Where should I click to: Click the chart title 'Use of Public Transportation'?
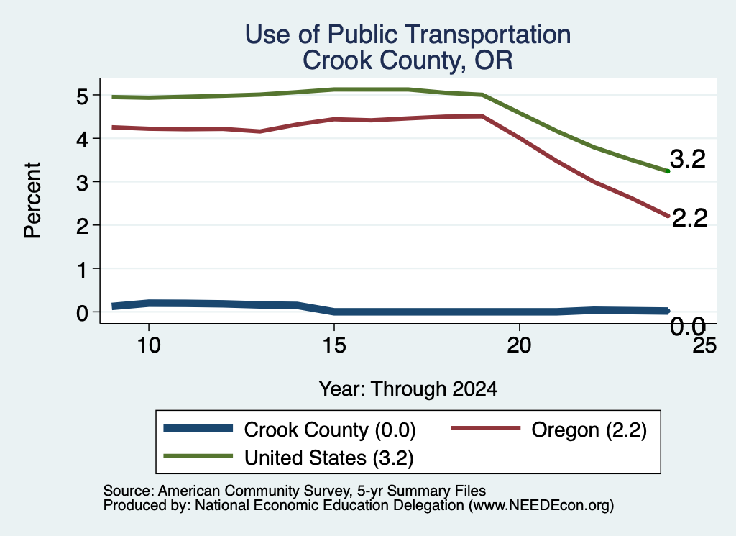pos(408,35)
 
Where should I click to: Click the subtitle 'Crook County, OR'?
pos(408,60)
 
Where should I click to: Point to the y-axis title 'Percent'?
pos(32,200)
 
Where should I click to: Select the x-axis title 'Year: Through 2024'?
pos(408,389)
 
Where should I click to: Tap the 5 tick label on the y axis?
pos(83,96)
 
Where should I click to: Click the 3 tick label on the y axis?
pos(83,183)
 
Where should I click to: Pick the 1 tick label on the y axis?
pos(83,270)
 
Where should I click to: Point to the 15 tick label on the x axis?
pos(334,345)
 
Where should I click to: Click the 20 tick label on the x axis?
pos(519,345)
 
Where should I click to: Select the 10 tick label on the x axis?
pos(149,345)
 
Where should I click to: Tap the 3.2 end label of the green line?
pos(688,159)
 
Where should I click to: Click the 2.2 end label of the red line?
pos(689,218)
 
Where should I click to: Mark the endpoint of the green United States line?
pos(668,171)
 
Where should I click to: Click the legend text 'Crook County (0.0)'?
pos(330,430)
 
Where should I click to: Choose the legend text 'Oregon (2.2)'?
pos(589,430)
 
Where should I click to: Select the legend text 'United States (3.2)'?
pos(329,458)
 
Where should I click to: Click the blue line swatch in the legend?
pos(198,428)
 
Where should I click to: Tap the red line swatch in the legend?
pos(486,428)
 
